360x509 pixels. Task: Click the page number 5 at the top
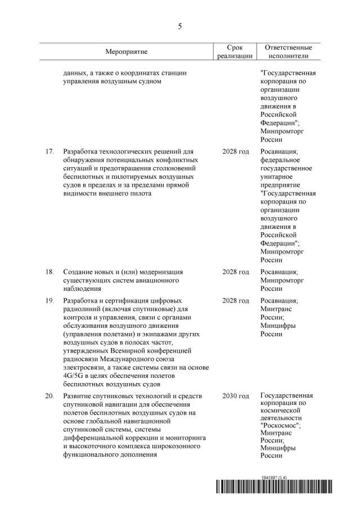(179, 25)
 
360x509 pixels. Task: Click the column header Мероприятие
(126, 52)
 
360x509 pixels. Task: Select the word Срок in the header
(235, 48)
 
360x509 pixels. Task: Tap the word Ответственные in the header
(288, 48)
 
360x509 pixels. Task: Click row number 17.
(49, 152)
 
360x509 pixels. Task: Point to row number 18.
(49, 272)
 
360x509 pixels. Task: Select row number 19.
(49, 301)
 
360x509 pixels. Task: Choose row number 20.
(49, 397)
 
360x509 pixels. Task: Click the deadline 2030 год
(236, 397)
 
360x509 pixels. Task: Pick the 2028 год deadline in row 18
(236, 272)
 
